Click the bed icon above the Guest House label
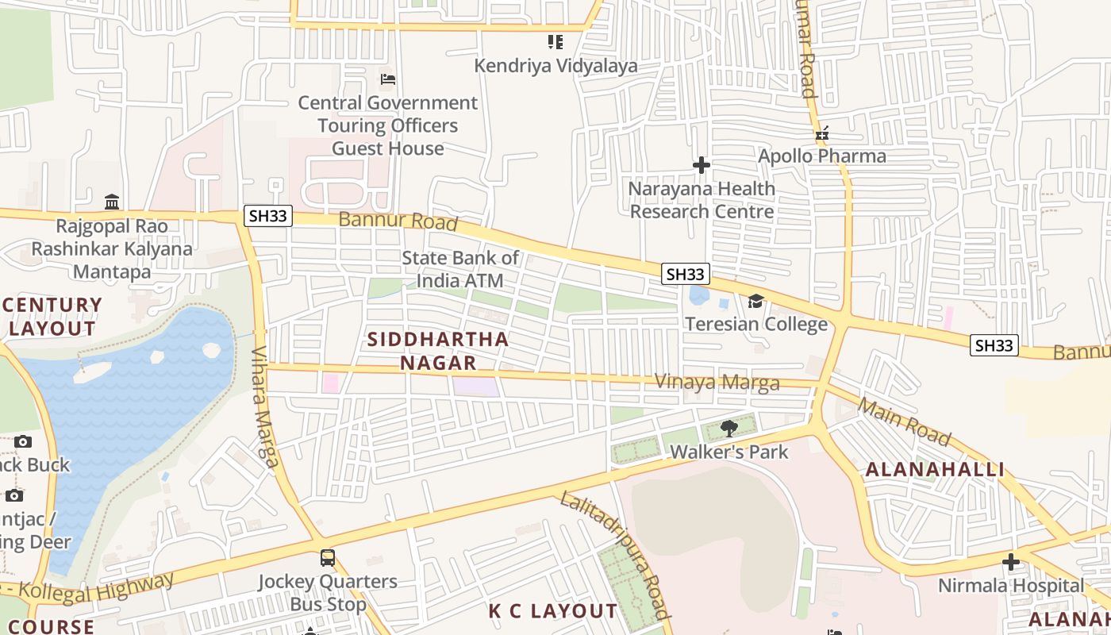coord(388,79)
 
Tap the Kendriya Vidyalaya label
coord(555,66)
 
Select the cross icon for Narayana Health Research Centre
coord(701,165)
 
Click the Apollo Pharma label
coord(821,156)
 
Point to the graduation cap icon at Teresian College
coord(755,302)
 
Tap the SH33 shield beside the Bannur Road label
coord(268,216)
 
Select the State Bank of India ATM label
coord(460,269)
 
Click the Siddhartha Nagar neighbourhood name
coord(437,351)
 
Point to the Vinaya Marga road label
coord(717,383)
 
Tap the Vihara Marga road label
coord(264,406)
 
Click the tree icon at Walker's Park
coord(728,429)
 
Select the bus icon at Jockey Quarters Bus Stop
coord(328,558)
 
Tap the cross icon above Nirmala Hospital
coord(1010,562)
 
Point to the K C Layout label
coord(552,611)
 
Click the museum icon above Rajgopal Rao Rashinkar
coord(112,201)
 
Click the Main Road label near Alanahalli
coord(904,422)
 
